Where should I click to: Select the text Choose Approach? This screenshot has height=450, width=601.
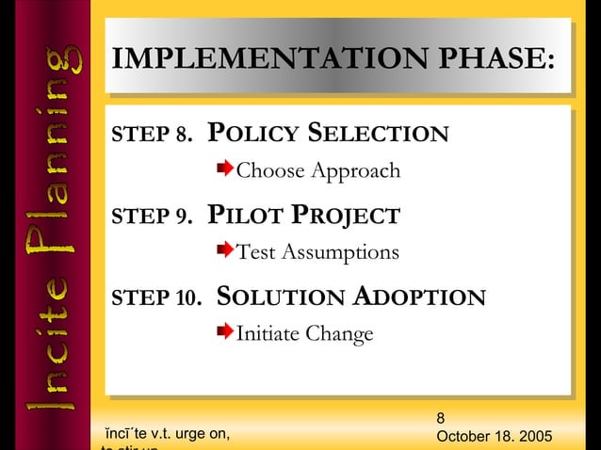coord(317,171)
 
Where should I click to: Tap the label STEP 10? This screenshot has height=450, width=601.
coord(156,298)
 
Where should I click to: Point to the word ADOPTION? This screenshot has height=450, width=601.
coord(420,297)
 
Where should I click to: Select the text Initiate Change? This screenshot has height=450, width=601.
coord(304,334)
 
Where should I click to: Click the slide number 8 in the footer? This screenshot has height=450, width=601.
coord(442,417)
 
